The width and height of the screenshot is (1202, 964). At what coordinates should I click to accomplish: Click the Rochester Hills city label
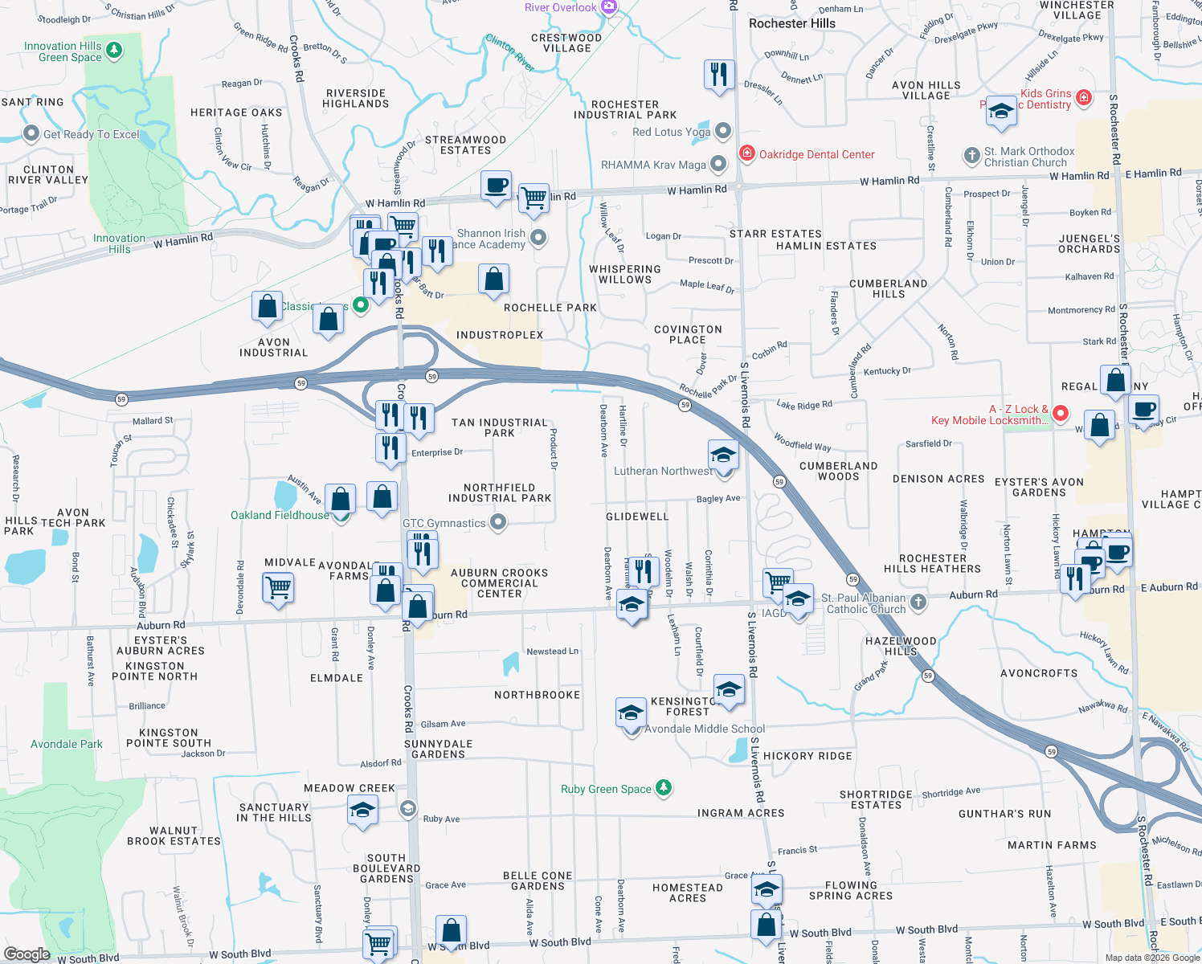click(791, 23)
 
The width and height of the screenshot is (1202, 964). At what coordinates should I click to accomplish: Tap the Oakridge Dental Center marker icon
click(746, 153)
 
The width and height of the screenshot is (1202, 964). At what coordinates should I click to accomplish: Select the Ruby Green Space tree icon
click(663, 788)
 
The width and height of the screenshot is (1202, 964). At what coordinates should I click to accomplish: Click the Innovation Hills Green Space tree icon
click(114, 51)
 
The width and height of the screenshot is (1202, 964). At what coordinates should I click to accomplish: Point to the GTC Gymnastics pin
click(498, 523)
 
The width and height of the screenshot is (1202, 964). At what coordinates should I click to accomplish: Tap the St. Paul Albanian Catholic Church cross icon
click(918, 602)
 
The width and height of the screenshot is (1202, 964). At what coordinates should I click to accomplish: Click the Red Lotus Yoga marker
click(723, 131)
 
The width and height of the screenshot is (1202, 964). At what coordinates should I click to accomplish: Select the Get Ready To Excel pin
click(31, 133)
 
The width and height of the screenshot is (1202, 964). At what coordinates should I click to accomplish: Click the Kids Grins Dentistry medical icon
click(1083, 97)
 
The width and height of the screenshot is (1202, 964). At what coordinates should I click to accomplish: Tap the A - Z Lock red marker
click(1060, 413)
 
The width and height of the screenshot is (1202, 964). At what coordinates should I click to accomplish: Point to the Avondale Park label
click(67, 744)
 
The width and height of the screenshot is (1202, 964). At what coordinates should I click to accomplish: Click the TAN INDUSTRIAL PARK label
click(499, 427)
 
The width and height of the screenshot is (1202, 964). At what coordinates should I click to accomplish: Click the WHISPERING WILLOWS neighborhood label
click(624, 274)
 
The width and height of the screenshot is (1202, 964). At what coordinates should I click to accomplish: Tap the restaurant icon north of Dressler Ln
click(718, 74)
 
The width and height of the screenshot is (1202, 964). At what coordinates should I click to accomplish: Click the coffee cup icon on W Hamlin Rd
click(496, 186)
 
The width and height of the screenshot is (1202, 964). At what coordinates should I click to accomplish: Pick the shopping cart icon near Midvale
click(278, 586)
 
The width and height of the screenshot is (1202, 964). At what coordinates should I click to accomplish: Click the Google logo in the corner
click(27, 954)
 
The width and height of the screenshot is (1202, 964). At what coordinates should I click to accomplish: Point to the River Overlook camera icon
click(609, 7)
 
